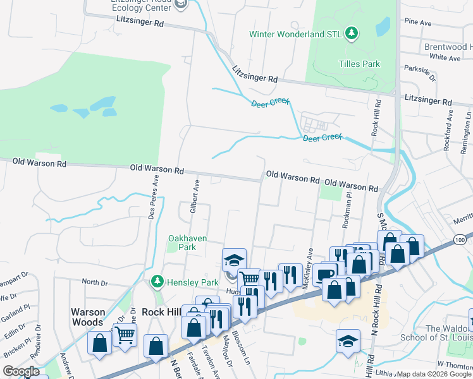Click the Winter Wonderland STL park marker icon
353,33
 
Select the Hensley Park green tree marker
156,280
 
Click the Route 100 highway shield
460,240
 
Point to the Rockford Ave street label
450,130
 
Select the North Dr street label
94,282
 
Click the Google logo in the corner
21,371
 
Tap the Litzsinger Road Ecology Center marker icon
181,4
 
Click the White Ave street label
445,57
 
